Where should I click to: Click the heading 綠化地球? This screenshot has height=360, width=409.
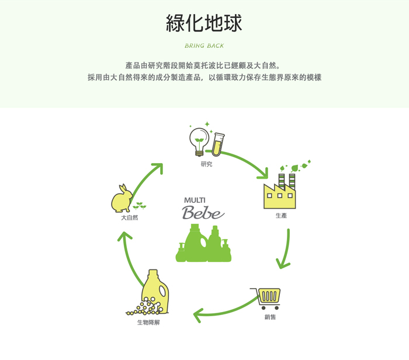click(204, 23)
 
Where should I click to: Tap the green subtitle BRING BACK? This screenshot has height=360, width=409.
click(204, 46)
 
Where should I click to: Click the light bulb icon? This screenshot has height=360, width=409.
click(199, 141)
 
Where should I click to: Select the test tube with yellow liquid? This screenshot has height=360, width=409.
click(218, 144)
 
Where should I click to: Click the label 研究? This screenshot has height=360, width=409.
click(206, 164)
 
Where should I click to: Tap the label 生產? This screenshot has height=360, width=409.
click(281, 216)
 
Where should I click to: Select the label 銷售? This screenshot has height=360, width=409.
click(270, 317)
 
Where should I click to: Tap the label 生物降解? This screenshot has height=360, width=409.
click(148, 323)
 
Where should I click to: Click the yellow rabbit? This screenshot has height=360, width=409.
click(122, 199)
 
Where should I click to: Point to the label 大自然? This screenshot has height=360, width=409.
click(129, 217)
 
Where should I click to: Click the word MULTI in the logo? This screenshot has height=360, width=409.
click(195, 200)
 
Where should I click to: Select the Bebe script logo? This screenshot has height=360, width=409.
click(203, 212)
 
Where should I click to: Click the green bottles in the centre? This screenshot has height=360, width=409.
click(203, 243)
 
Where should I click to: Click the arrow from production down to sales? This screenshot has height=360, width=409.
click(286, 248)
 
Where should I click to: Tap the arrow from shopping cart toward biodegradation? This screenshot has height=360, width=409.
click(224, 312)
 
